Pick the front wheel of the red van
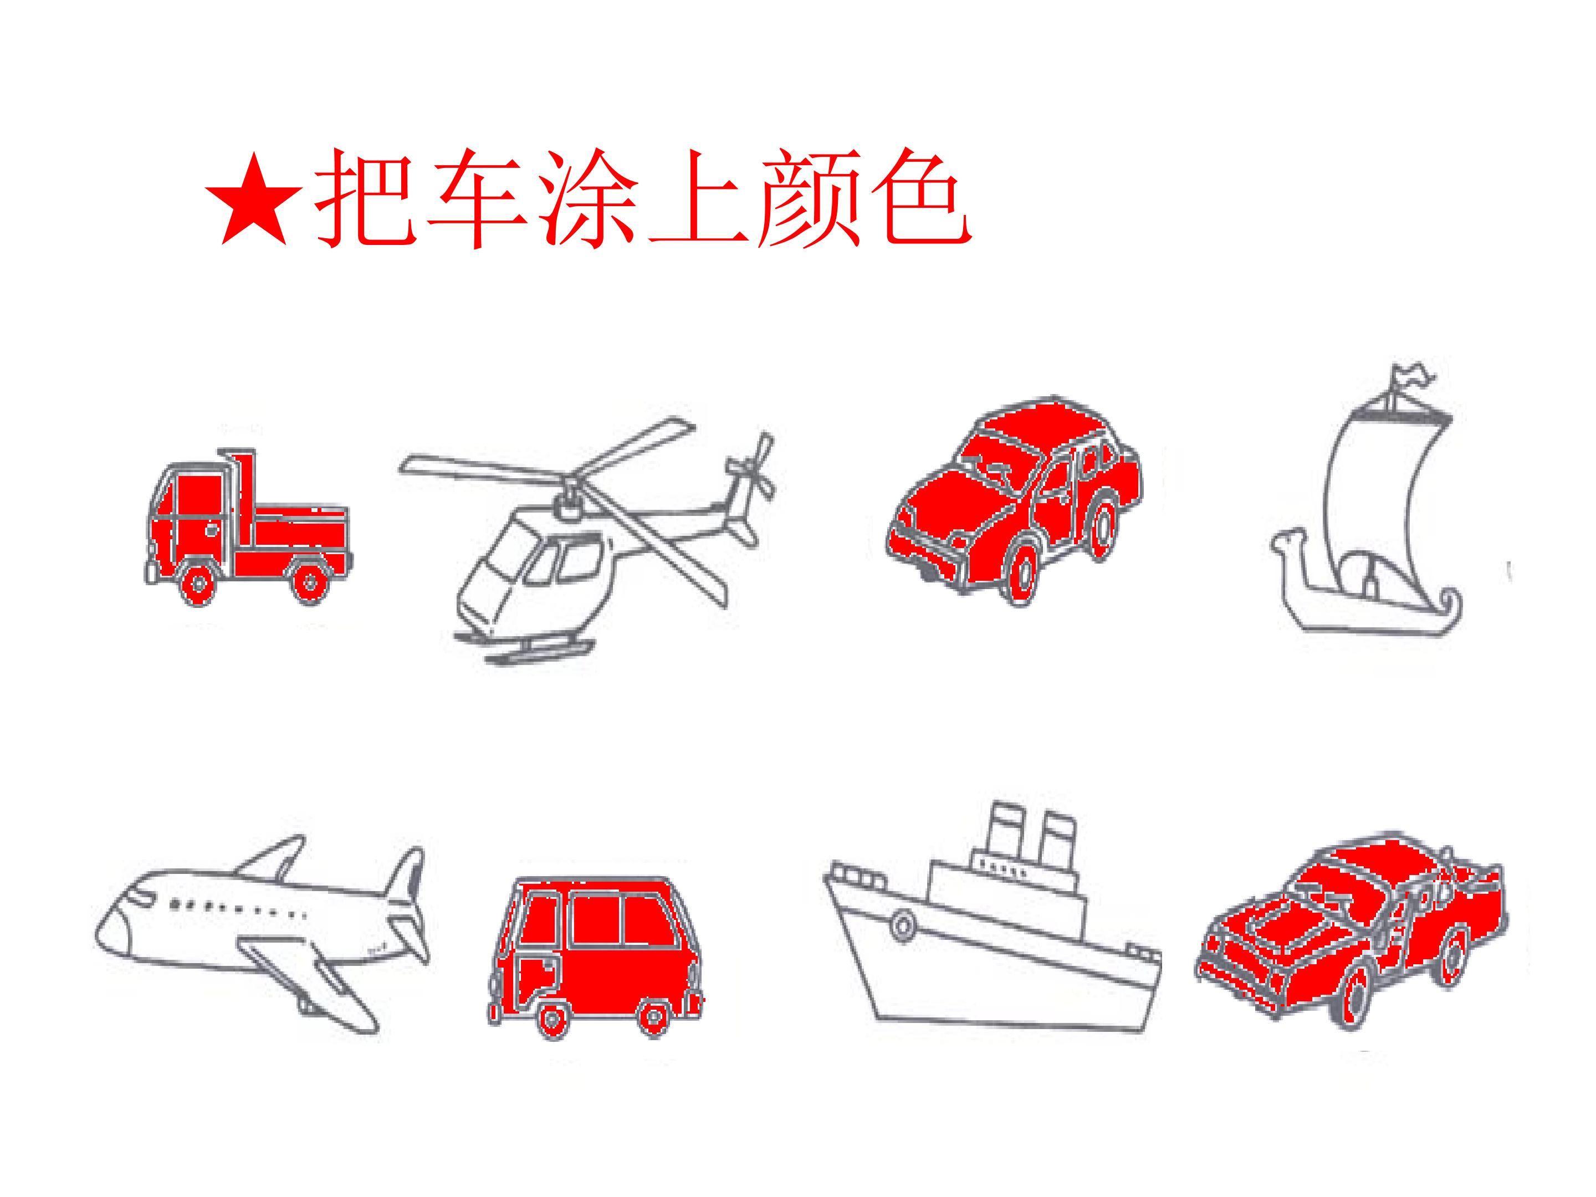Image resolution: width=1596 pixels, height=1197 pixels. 553,1018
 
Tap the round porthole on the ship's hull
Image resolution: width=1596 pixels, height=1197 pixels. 902,924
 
